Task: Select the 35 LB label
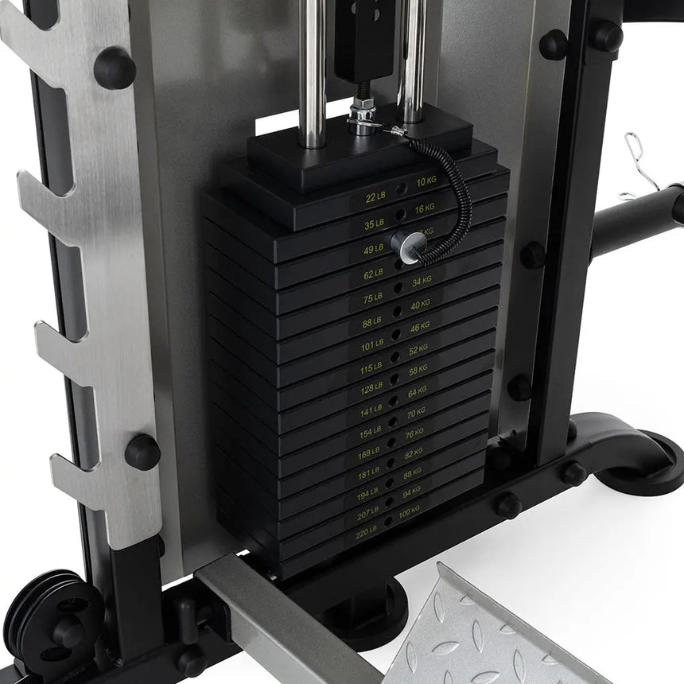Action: (374, 223)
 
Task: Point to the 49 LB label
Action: (374, 250)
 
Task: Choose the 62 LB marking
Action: (374, 275)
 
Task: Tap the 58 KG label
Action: (418, 371)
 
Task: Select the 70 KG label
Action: (417, 414)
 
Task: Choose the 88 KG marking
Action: (413, 473)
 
